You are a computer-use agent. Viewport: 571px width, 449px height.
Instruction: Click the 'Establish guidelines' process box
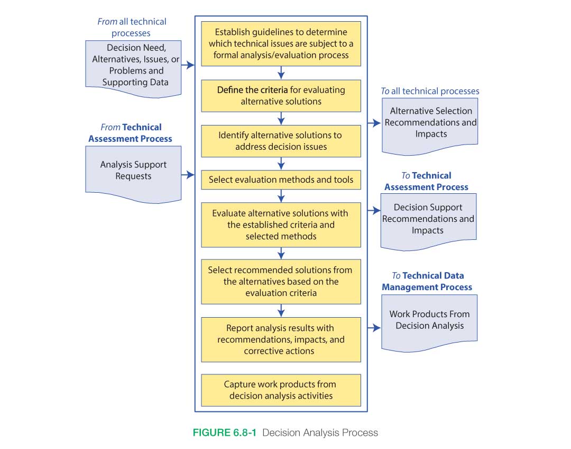[281, 43]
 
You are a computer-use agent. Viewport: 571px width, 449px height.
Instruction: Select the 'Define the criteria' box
[281, 95]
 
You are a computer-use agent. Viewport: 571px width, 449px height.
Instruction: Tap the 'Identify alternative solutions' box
[281, 141]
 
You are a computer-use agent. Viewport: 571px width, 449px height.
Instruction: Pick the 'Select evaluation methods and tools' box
[281, 180]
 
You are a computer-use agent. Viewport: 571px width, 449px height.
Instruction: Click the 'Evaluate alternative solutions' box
[281, 224]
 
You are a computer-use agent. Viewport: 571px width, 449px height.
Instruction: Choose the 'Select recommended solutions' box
[281, 281]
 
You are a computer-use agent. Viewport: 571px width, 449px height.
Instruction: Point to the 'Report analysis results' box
[281, 339]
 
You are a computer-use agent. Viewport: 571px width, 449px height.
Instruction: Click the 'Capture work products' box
[281, 390]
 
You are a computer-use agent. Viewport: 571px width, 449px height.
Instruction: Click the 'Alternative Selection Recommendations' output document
[430, 123]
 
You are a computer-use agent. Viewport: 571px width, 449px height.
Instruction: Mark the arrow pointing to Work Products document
[374, 328]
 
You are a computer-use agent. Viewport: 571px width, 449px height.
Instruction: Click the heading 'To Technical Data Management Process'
[427, 281]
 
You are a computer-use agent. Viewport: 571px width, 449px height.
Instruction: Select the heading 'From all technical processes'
[132, 27]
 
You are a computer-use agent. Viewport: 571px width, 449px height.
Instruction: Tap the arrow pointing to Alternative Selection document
[374, 123]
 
